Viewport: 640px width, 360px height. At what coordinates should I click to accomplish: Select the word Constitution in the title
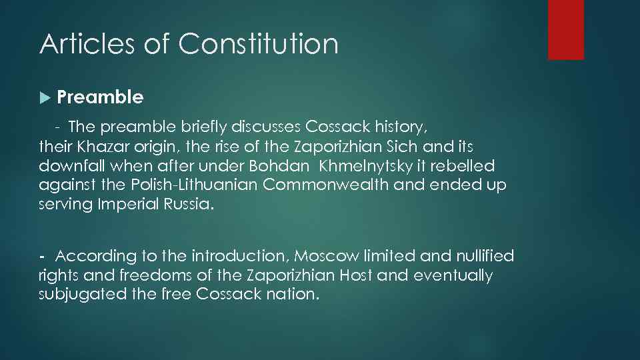(x=258, y=45)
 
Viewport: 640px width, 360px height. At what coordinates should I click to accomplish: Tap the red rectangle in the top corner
(x=565, y=29)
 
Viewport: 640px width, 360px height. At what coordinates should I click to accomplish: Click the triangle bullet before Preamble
(x=45, y=98)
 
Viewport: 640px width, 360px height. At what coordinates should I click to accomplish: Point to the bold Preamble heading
(x=100, y=97)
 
